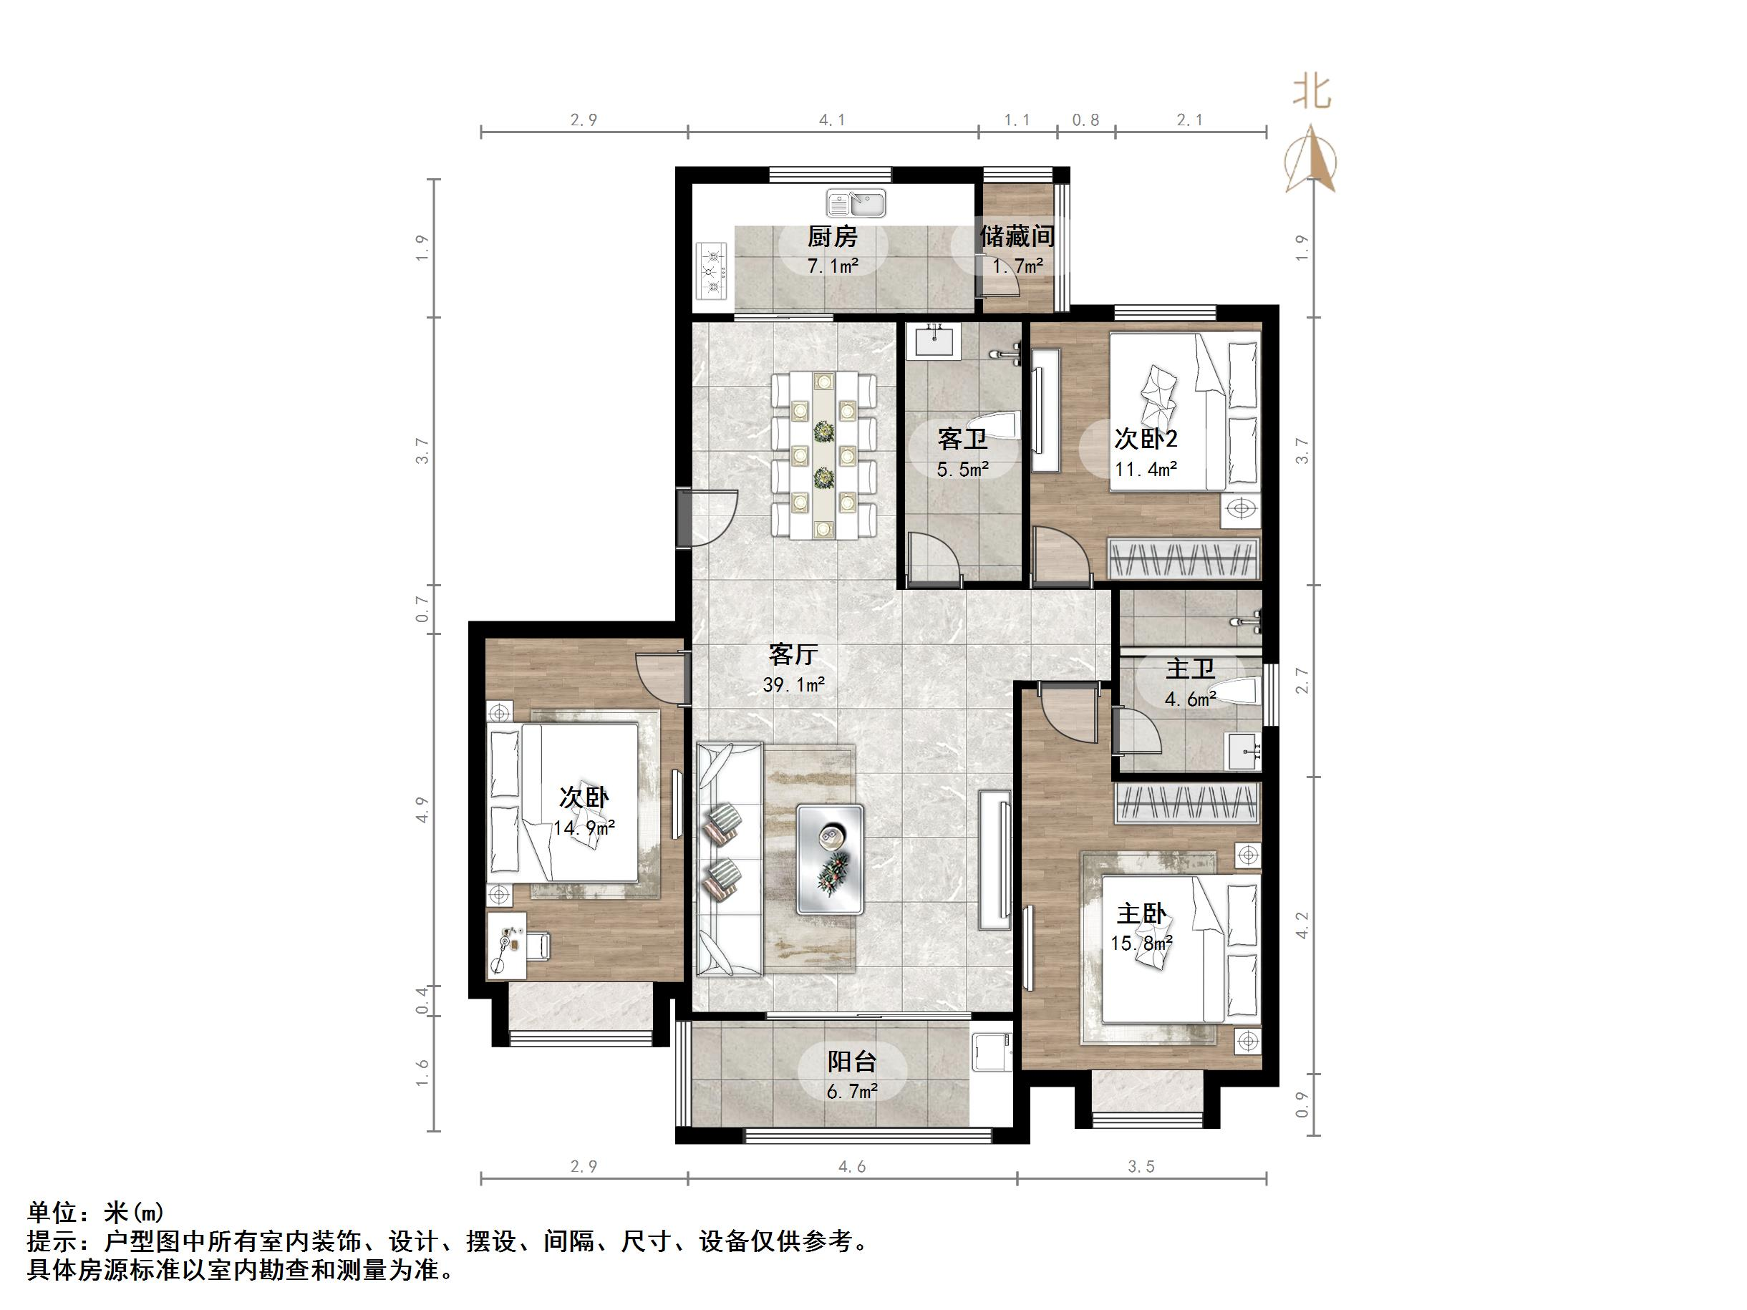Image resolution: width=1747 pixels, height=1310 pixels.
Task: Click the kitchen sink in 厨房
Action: [856, 204]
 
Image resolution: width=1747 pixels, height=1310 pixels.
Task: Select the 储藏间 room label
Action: [1017, 236]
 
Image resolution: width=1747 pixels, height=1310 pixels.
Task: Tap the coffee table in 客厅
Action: [830, 858]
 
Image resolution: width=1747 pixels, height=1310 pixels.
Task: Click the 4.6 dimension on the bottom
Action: [851, 1166]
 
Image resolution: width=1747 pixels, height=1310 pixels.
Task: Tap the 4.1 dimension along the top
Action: [832, 120]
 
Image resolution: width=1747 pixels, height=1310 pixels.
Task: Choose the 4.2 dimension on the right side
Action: [1302, 925]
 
